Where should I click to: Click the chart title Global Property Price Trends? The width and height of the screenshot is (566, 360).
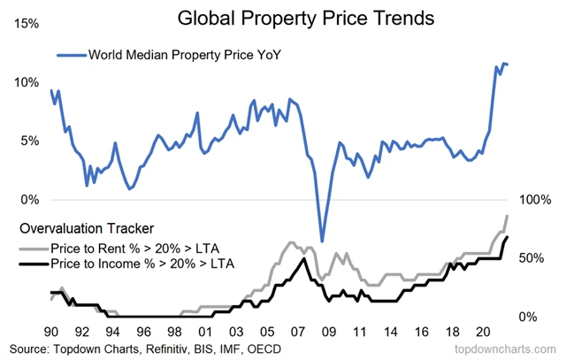coord(282,18)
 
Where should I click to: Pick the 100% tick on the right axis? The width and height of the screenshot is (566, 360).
coord(534,199)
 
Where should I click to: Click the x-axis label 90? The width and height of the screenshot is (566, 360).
coord(51,331)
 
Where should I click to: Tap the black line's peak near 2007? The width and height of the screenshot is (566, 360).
coord(304,258)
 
